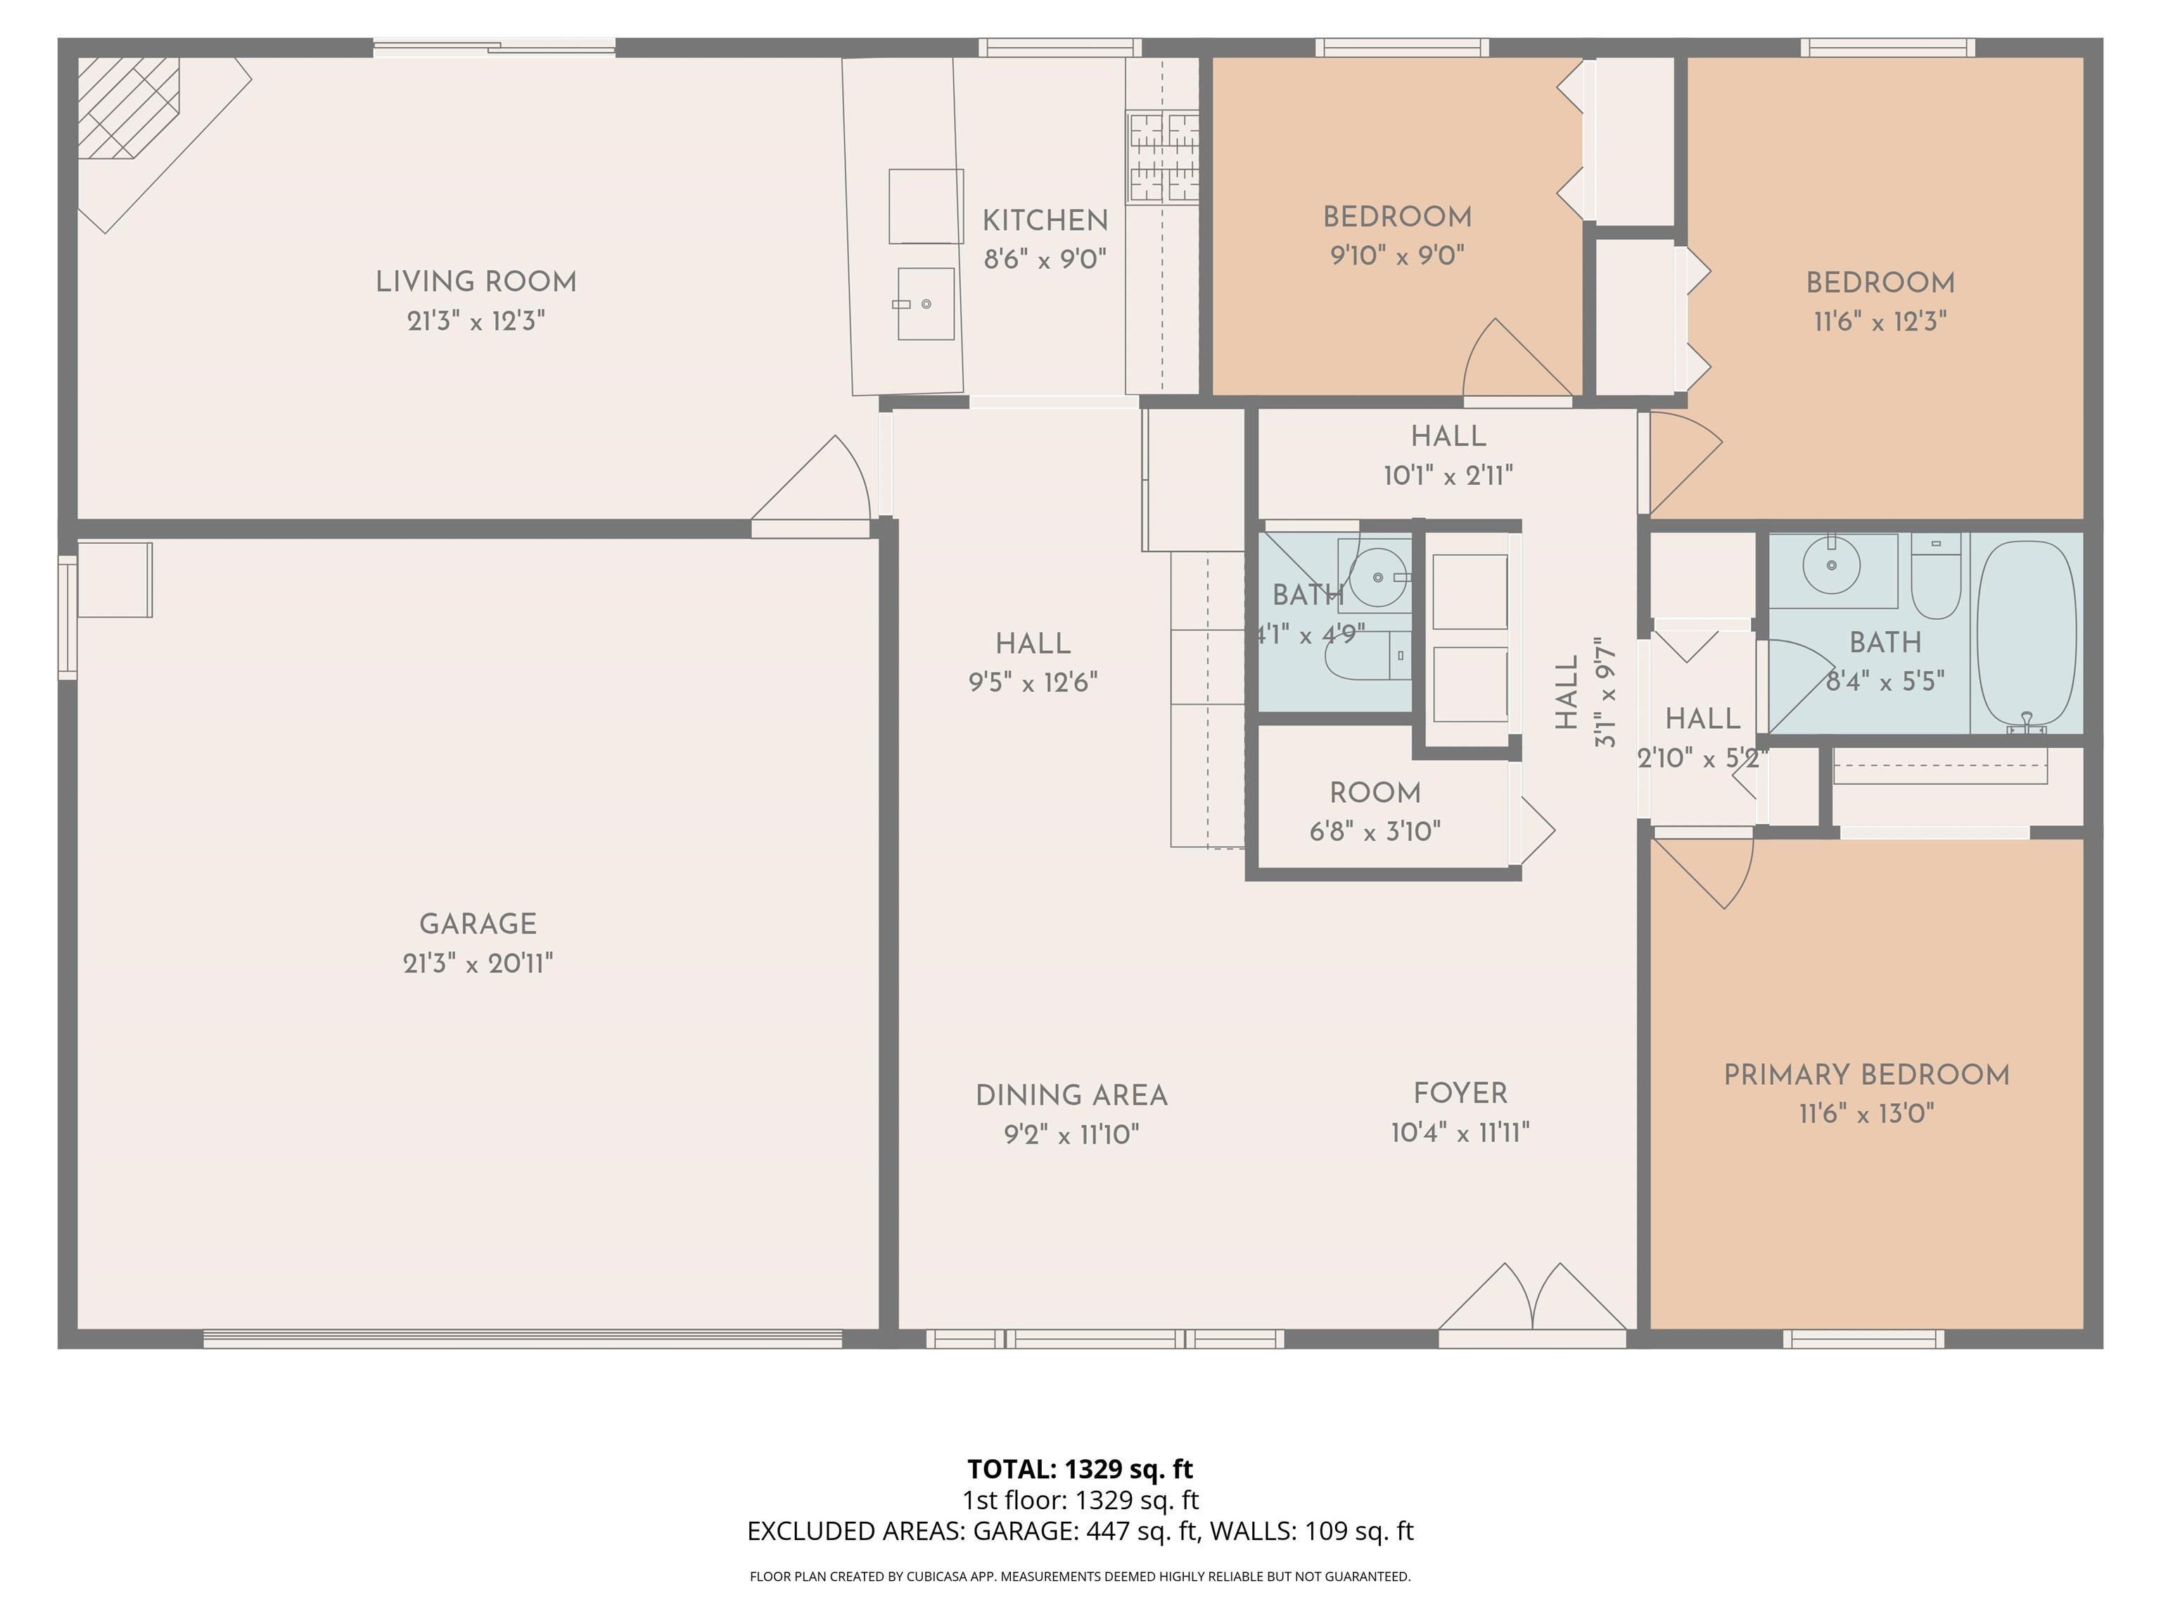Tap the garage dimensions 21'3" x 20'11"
click(x=478, y=963)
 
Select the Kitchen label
click(x=1045, y=221)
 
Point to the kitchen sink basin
click(x=926, y=304)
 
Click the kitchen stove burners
click(x=1164, y=156)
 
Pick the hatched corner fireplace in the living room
click(x=128, y=108)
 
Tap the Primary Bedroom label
click(x=1866, y=1075)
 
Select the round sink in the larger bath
click(x=1831, y=566)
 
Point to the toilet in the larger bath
click(x=1937, y=576)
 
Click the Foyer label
click(x=1460, y=1093)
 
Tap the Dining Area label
click(x=1072, y=1095)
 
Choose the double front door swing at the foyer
click(x=1533, y=1297)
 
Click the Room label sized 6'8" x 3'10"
click(x=1375, y=794)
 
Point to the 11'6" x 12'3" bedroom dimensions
click(x=1880, y=322)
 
